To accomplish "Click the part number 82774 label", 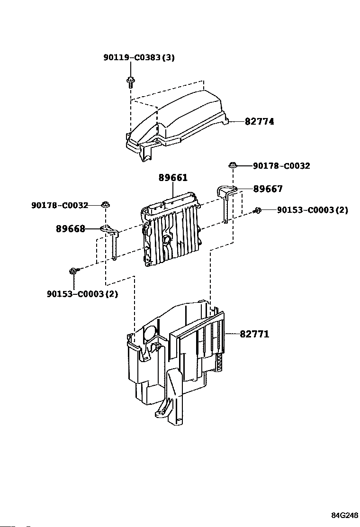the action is [259, 121].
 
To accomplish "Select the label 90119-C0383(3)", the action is [139, 57].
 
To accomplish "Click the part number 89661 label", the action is [173, 177].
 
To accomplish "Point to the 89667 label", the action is [268, 189].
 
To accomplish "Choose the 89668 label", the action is [71, 229].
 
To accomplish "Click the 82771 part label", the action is [254, 334].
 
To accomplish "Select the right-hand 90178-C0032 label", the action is [281, 166].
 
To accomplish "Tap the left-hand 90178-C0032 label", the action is [60, 205].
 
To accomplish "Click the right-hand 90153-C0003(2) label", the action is [312, 210].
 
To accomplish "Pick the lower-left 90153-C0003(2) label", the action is [82, 294].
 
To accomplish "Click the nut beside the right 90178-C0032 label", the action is [232, 165].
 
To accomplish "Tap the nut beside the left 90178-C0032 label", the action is [106, 204].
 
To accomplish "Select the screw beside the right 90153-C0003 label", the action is [257, 210].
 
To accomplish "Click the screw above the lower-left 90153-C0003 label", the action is [74, 271].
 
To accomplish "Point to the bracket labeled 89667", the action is [226, 202].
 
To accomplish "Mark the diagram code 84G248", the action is [345, 515].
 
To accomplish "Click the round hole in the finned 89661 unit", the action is [166, 239].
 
